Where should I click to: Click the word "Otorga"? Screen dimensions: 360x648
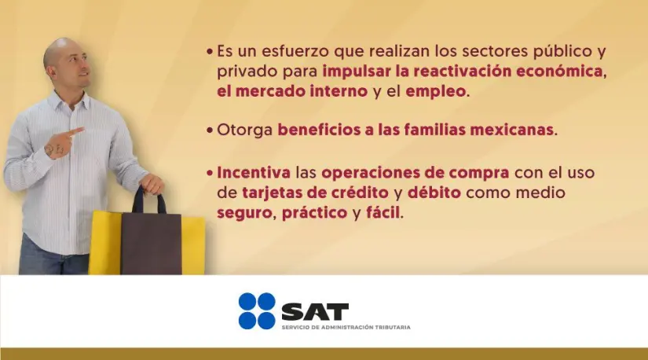(x=246, y=130)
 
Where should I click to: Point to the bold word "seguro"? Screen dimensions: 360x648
(x=245, y=212)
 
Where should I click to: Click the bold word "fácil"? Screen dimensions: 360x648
(x=382, y=212)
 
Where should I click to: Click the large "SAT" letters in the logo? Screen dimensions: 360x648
(x=314, y=311)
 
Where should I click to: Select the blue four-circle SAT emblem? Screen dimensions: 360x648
(x=257, y=311)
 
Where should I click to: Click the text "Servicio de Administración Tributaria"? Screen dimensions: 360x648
(x=346, y=327)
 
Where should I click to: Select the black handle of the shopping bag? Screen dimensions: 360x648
(x=148, y=198)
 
